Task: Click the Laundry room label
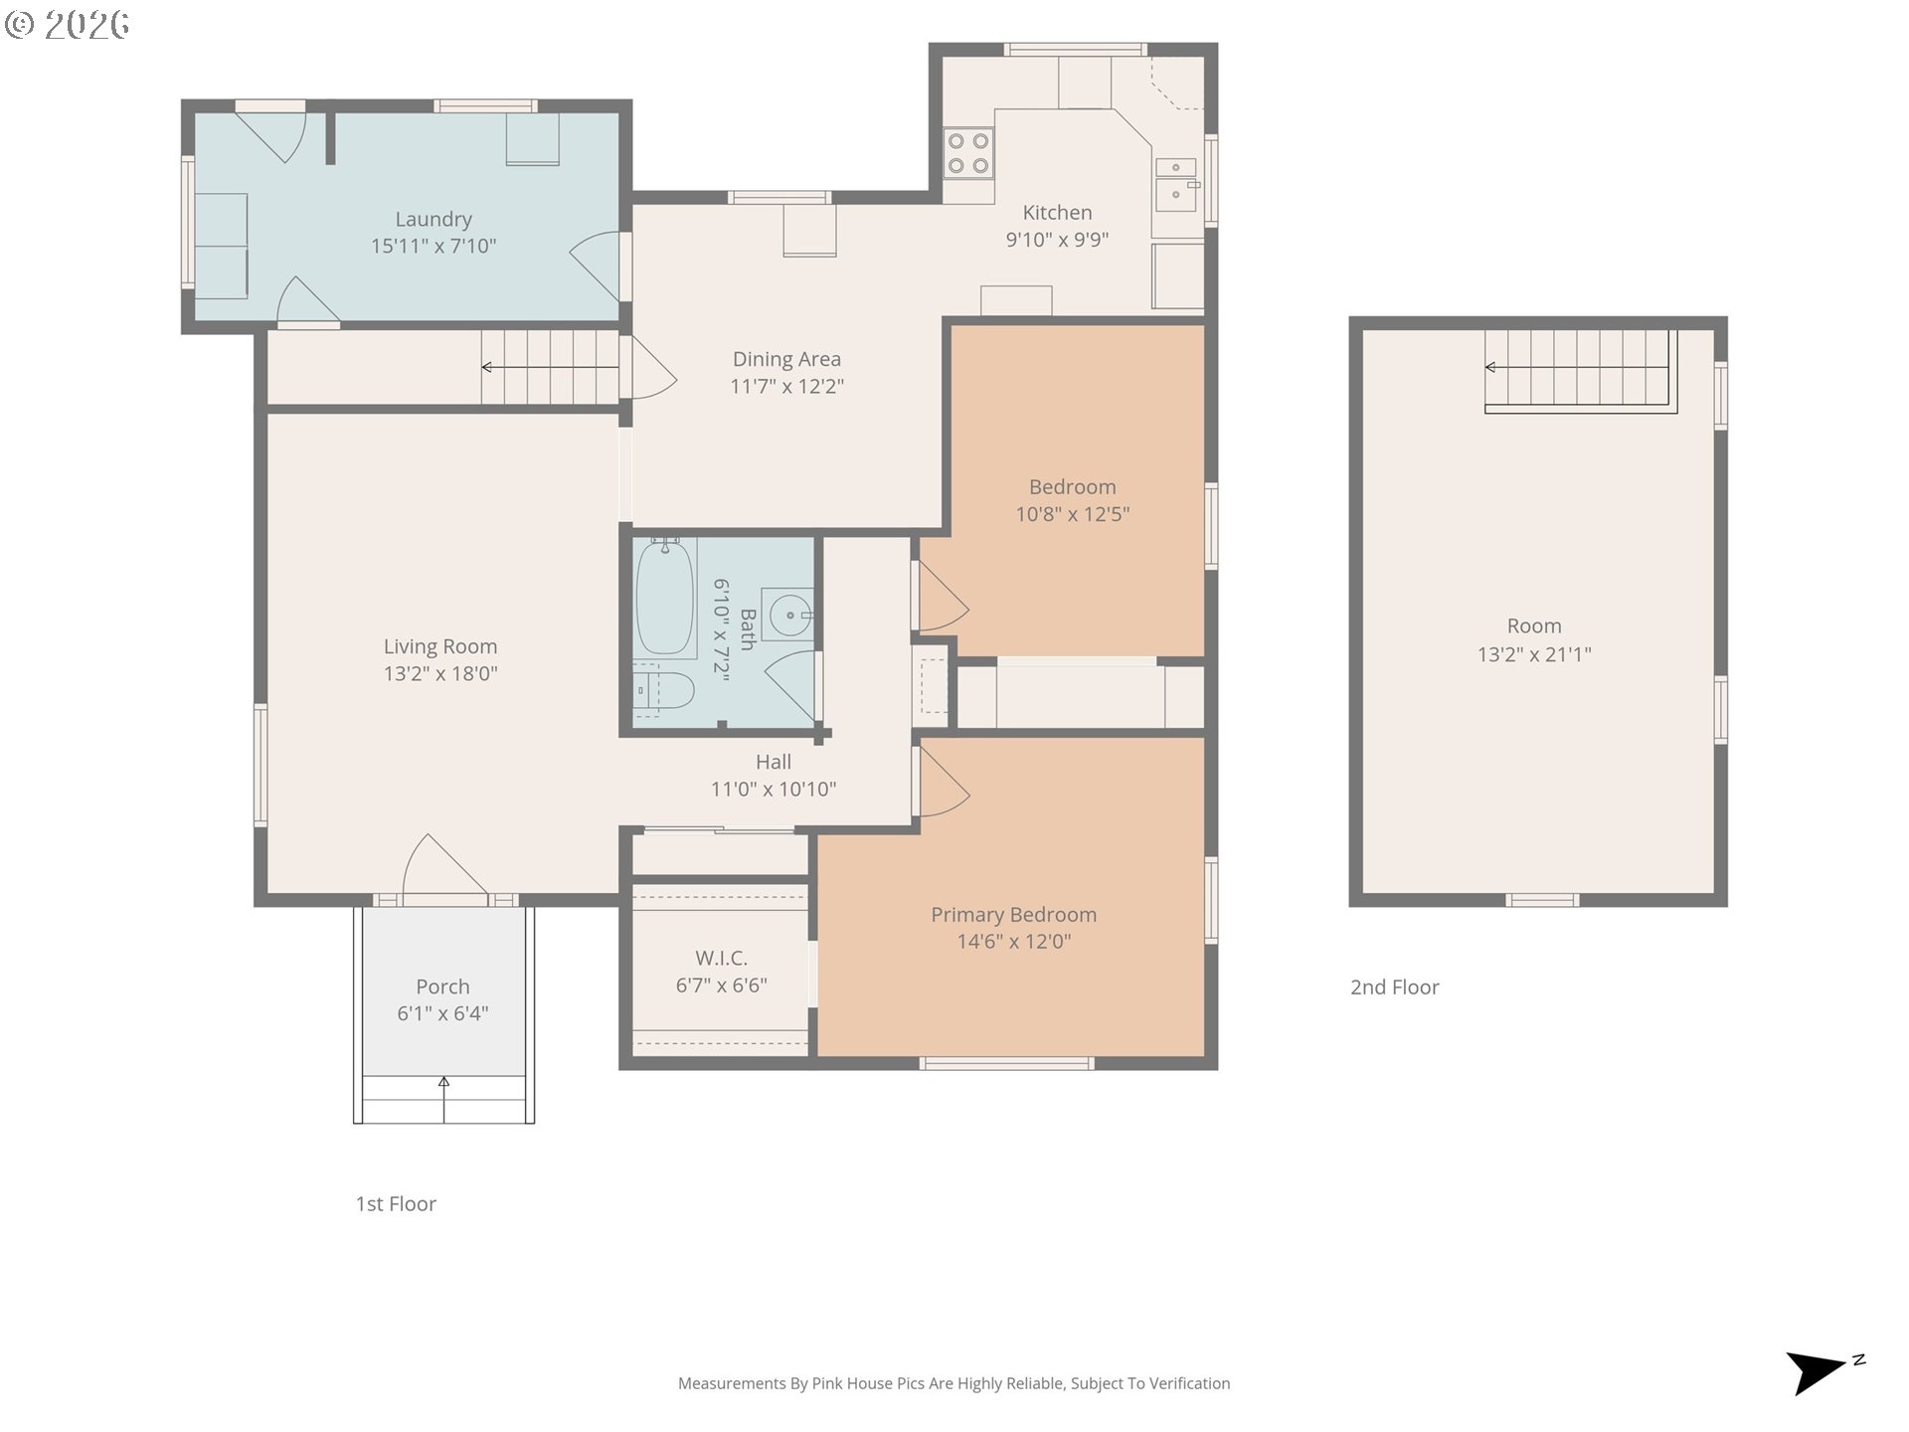[434, 220]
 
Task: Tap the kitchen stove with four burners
[967, 153]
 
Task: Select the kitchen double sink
[1177, 182]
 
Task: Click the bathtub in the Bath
[665, 597]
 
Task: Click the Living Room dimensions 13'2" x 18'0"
[440, 673]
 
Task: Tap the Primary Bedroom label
[1013, 915]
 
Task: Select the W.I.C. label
[721, 958]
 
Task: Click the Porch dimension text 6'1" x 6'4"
[442, 1013]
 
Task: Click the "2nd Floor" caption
[1394, 987]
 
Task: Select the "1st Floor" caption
[396, 1204]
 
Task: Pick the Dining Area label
[786, 359]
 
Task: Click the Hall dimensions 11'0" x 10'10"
[774, 789]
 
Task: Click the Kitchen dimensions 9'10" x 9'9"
[1057, 239]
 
